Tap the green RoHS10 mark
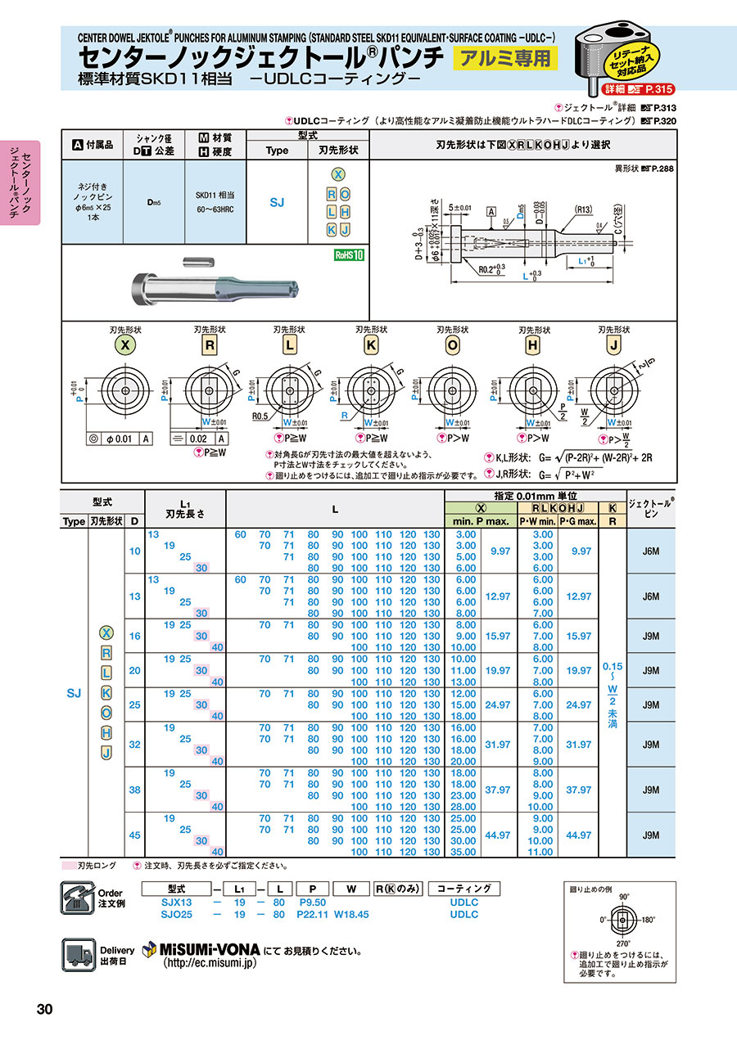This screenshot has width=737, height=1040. click(349, 254)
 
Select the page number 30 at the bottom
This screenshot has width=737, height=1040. click(44, 1009)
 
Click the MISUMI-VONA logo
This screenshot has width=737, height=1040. click(201, 950)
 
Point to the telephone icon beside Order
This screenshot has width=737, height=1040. click(78, 898)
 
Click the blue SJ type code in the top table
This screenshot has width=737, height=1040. click(277, 201)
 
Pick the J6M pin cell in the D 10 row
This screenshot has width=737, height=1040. click(651, 551)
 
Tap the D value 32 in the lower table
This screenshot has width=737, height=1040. click(133, 745)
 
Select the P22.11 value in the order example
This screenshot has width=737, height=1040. click(313, 915)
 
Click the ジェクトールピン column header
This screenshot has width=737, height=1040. click(651, 507)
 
